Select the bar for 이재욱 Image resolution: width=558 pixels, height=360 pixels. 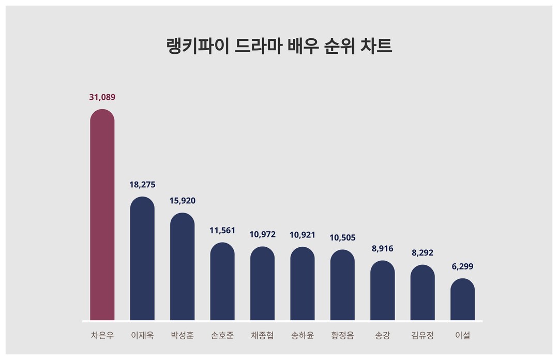pyautogui.click(x=142, y=259)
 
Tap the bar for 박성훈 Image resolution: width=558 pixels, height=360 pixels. pyautogui.click(x=182, y=266)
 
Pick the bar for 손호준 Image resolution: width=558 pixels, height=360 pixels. pyautogui.click(x=222, y=281)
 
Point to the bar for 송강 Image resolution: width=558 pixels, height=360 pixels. pyautogui.click(x=383, y=290)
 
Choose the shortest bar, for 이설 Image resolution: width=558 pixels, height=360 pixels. pyautogui.click(x=462, y=299)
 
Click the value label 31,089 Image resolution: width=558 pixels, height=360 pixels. pyautogui.click(x=102, y=97)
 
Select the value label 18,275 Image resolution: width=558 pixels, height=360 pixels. pyautogui.click(x=142, y=185)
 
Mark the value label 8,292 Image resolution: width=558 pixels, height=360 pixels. pyautogui.click(x=423, y=253)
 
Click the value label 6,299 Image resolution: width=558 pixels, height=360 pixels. pyautogui.click(x=462, y=267)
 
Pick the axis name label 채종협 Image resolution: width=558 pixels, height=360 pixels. pyautogui.click(x=263, y=336)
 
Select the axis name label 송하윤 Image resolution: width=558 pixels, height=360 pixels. pyautogui.click(x=303, y=336)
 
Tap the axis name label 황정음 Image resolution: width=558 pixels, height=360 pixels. pyautogui.click(x=342, y=336)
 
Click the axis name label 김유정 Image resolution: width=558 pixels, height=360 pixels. pyautogui.click(x=423, y=336)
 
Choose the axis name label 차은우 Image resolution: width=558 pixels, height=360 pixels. pyautogui.click(x=102, y=336)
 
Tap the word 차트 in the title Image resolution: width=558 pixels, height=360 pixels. pyautogui.click(x=378, y=46)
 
